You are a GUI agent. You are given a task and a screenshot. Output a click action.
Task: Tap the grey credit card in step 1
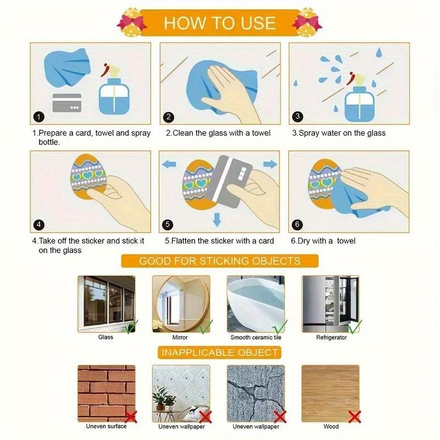pos(67,102)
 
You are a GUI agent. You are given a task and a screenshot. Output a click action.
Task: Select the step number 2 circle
pos(169,117)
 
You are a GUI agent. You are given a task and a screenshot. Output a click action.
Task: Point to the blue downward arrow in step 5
pos(217,220)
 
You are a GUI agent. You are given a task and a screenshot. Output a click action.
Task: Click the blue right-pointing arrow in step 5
pos(269,164)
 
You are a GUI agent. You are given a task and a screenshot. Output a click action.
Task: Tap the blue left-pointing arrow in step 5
pos(169,164)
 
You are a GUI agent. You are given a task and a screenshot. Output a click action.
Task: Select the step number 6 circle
pos(298,224)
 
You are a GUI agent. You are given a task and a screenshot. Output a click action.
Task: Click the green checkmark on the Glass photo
pos(130,328)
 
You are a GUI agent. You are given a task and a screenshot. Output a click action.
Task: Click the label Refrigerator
pos(331,337)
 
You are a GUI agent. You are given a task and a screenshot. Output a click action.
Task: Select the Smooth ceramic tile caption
pos(256,337)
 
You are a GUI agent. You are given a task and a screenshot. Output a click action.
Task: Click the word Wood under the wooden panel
pos(331,426)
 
